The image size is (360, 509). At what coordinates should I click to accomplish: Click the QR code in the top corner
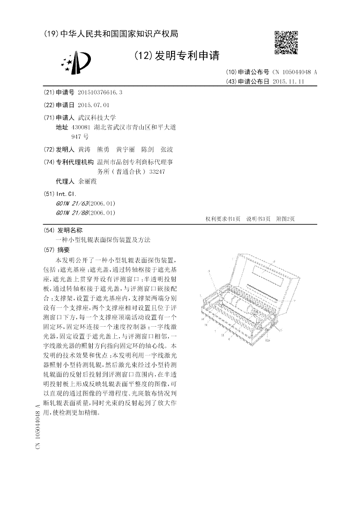pos(286,42)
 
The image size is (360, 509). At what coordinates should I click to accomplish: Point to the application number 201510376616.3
pos(100,92)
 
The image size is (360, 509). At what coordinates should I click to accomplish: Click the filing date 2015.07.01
pos(94,105)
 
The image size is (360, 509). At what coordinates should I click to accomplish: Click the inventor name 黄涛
pos(84,149)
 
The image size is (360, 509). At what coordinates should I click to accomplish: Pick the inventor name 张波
pos(167,149)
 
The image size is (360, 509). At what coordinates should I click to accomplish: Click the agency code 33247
pos(157,171)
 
